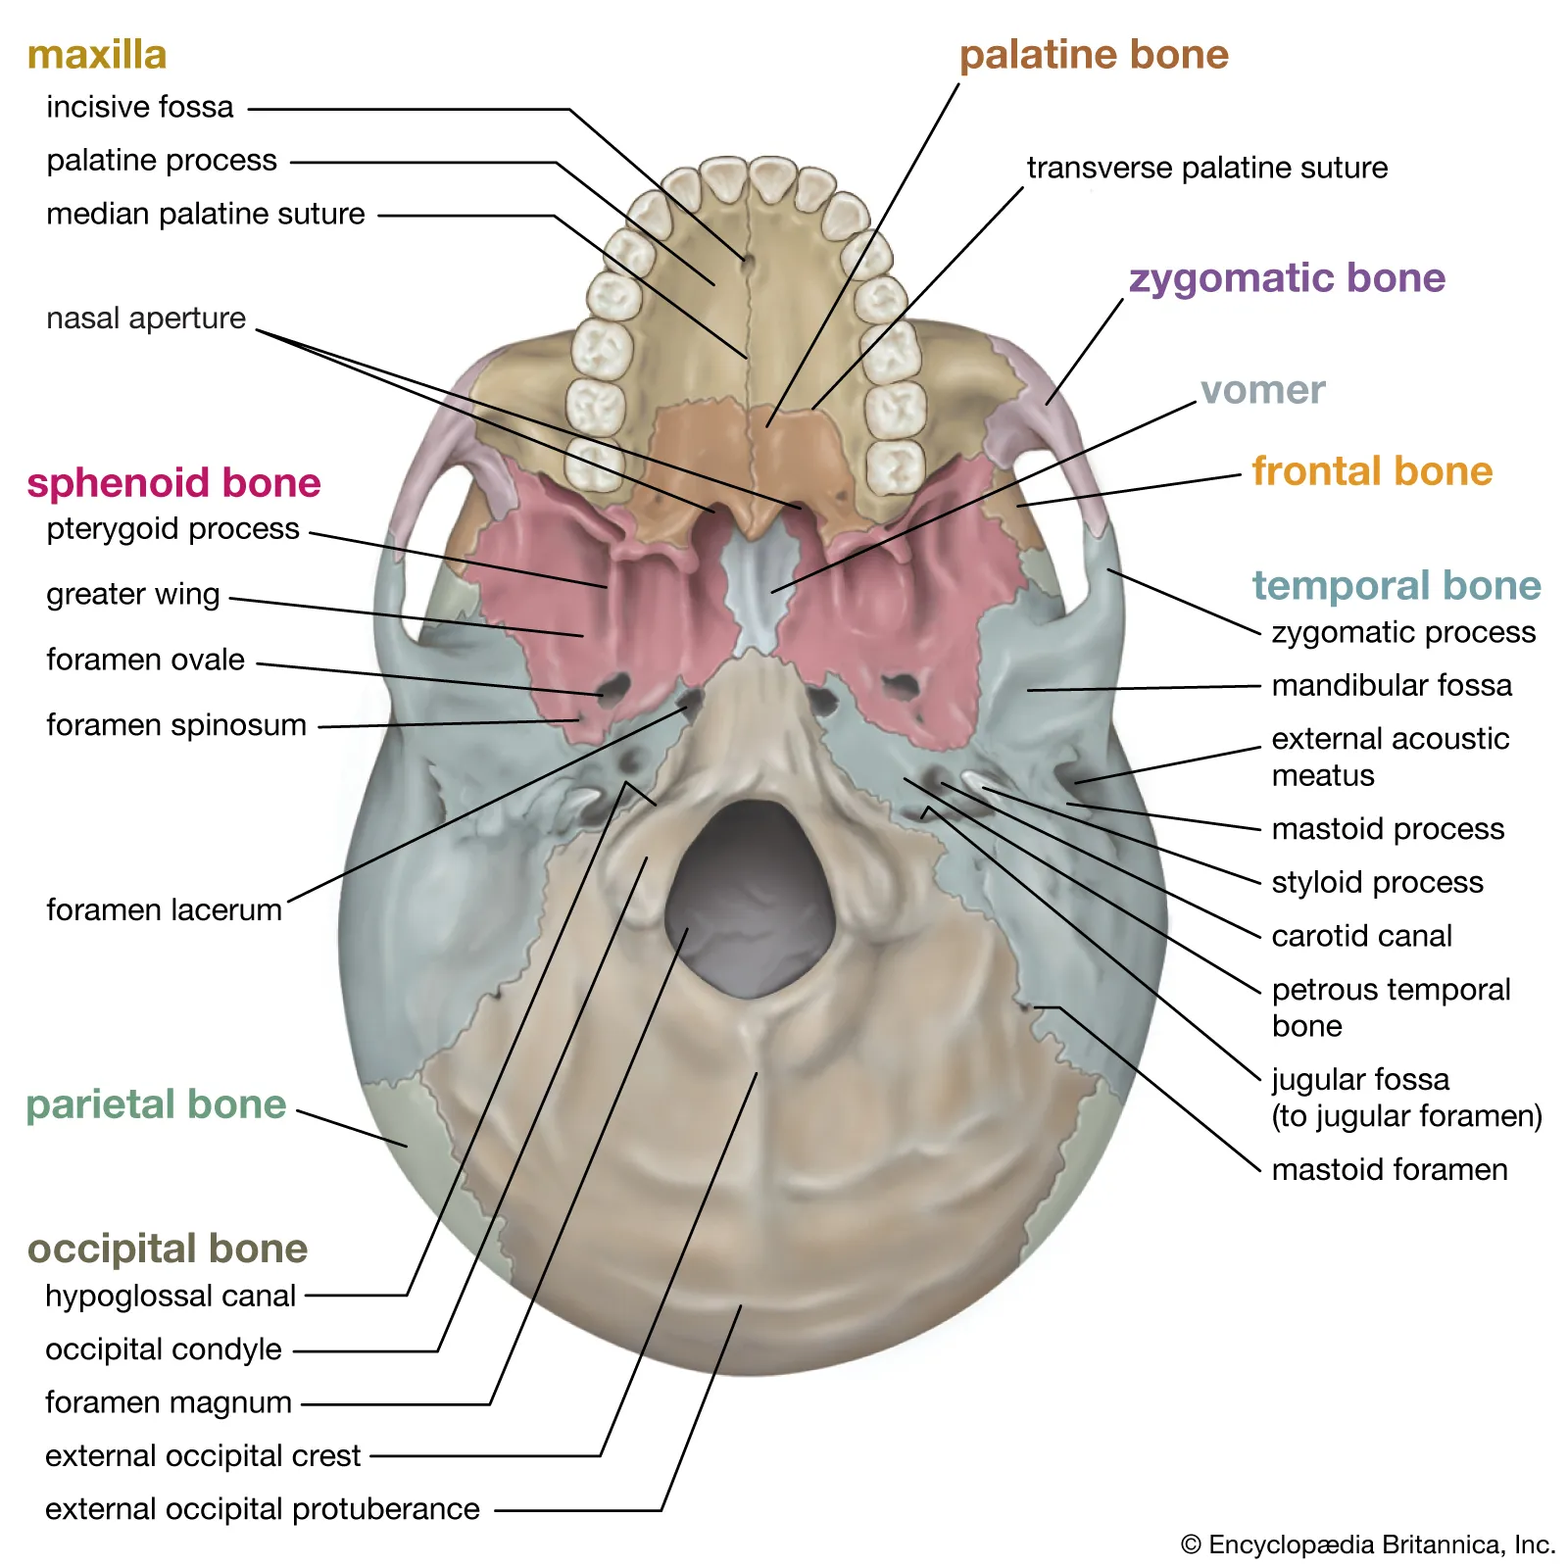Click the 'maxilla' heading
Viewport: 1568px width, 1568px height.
(x=97, y=55)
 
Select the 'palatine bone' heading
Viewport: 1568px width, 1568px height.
(x=1094, y=55)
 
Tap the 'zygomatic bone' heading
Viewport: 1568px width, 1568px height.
(x=1287, y=278)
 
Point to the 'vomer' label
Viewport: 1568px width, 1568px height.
(x=1262, y=390)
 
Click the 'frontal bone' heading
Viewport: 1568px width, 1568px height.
(x=1372, y=471)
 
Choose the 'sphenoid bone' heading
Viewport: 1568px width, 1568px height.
(x=173, y=483)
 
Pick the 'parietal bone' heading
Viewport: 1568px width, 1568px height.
(x=156, y=1104)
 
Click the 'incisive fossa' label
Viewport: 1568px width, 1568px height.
(x=140, y=107)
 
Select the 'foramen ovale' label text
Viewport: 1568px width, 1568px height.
(x=145, y=660)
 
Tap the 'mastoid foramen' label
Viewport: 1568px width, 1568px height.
(x=1390, y=1169)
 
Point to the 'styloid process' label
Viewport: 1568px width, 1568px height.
(x=1377, y=882)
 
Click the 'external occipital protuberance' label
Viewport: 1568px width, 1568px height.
(x=263, y=1509)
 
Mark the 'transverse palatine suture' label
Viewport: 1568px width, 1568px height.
(x=1207, y=168)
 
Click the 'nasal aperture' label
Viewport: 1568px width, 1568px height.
(x=146, y=318)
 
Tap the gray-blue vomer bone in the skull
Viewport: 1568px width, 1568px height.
(x=757, y=588)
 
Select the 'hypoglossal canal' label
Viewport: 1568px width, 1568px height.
(x=171, y=1296)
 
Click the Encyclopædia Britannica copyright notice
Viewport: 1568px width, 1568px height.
(x=1368, y=1545)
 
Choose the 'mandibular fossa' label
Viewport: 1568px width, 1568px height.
(x=1392, y=685)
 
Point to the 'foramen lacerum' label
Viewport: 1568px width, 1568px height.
(x=164, y=909)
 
